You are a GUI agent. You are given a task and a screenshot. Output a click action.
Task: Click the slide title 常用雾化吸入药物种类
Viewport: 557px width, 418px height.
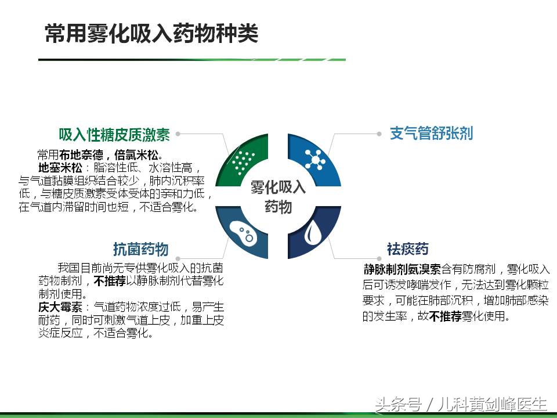tap(151, 34)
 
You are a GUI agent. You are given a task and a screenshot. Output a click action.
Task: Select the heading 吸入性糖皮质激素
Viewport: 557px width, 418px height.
tap(114, 135)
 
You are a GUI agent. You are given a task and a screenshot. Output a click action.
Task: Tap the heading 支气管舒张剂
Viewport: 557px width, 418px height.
tap(431, 134)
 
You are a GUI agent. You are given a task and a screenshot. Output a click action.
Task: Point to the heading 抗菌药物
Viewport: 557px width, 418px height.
tap(141, 249)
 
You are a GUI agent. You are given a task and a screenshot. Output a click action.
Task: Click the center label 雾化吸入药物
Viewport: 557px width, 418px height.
tap(278, 196)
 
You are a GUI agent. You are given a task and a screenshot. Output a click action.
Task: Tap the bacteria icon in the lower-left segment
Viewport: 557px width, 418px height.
tap(241, 233)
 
